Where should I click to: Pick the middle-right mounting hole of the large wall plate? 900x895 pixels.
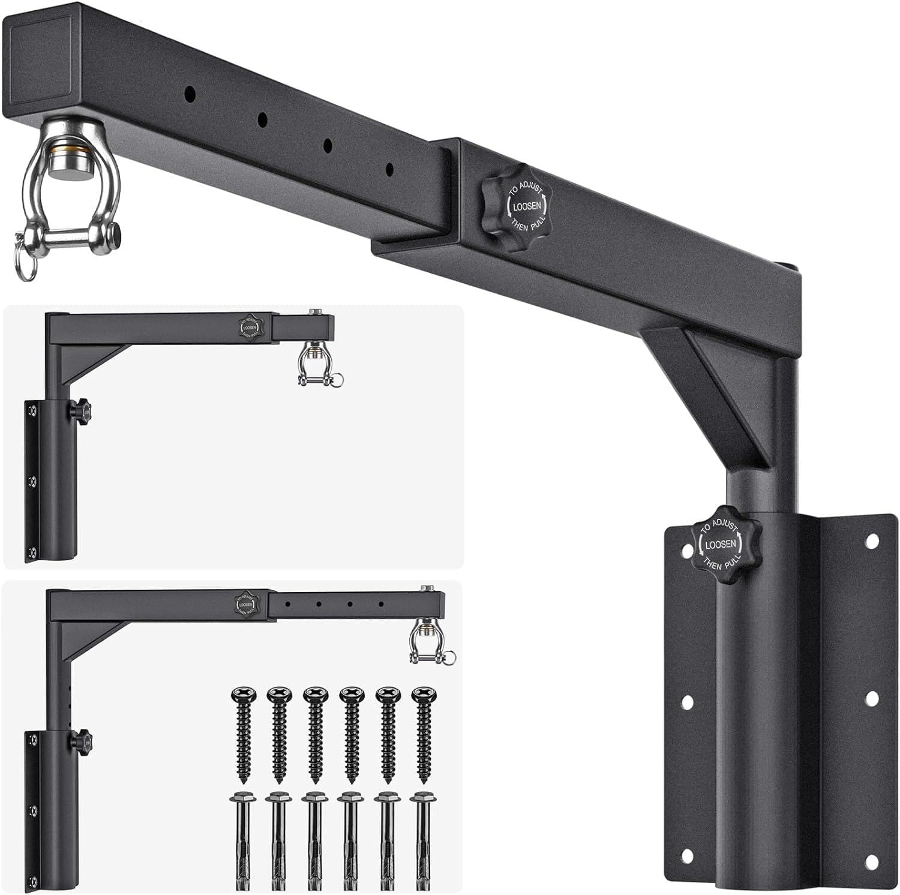click(872, 698)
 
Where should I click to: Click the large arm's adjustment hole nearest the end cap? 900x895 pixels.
click(190, 94)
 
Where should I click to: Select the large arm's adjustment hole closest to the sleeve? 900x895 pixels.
click(390, 170)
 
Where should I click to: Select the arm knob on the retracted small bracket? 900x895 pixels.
click(248, 326)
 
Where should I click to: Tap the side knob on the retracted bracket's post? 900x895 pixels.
click(81, 410)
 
